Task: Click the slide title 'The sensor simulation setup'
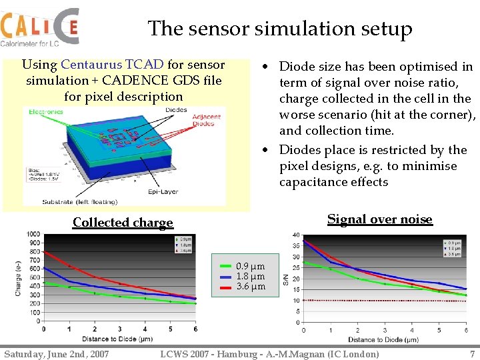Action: [279, 29]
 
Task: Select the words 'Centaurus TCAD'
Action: [112, 65]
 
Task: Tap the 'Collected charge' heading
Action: [123, 223]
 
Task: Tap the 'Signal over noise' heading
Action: [379, 219]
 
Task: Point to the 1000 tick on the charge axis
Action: [33, 234]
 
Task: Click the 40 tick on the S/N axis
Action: [295, 235]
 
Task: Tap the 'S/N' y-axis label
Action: [286, 280]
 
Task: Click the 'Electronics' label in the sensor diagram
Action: [46, 112]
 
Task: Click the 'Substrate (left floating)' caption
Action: [80, 201]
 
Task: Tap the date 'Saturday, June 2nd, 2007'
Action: [56, 353]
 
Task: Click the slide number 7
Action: [472, 353]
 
